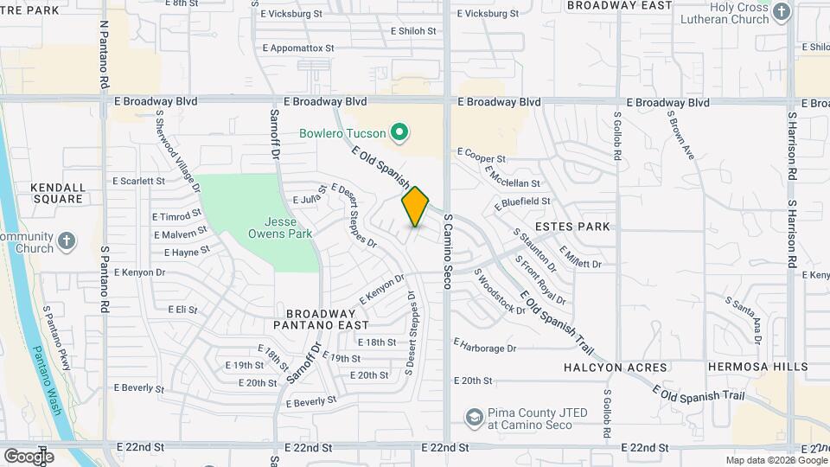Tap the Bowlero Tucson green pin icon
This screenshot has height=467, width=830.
point(399,133)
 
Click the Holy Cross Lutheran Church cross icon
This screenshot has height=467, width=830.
point(782,12)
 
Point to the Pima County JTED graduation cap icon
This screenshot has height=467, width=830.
point(473,419)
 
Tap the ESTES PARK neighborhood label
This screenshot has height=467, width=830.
point(572,227)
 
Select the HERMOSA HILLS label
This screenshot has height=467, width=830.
point(757,367)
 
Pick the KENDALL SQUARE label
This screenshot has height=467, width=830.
point(57,193)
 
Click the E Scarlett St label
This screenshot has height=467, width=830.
point(138,182)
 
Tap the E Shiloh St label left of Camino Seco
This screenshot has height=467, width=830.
point(413,31)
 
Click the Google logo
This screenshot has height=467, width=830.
point(29,456)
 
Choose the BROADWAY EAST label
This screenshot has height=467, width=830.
point(619,6)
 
